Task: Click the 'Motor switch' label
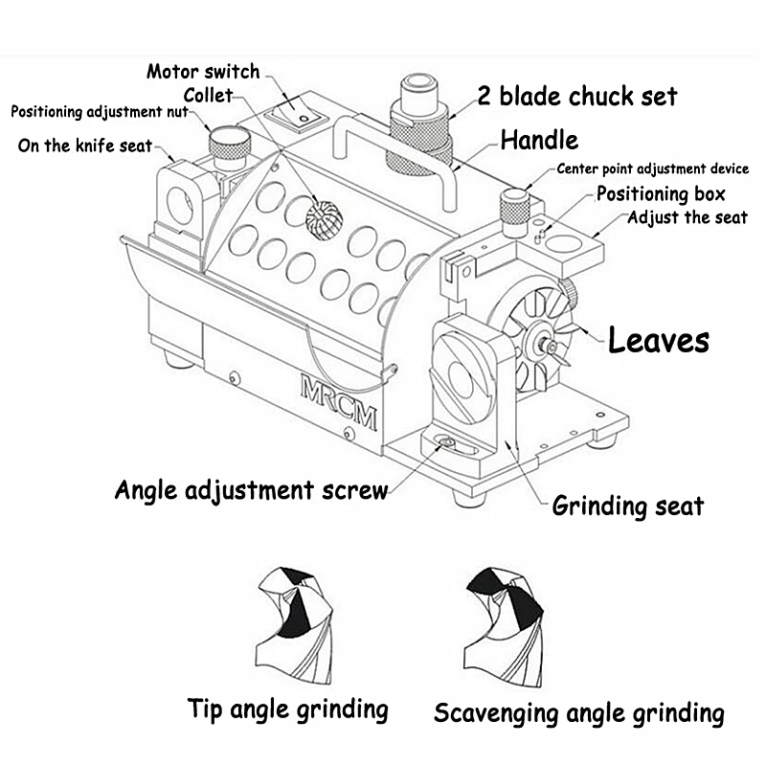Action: coord(203,72)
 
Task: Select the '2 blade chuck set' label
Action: coord(577,97)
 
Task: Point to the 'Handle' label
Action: coord(540,141)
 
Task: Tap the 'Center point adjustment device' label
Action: coord(652,169)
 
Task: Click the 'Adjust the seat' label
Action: coord(687,217)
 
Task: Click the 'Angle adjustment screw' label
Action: coord(251,490)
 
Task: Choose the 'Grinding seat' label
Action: coord(627,505)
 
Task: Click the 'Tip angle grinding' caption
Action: coord(288,710)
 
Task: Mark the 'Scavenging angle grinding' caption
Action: coord(578,713)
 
